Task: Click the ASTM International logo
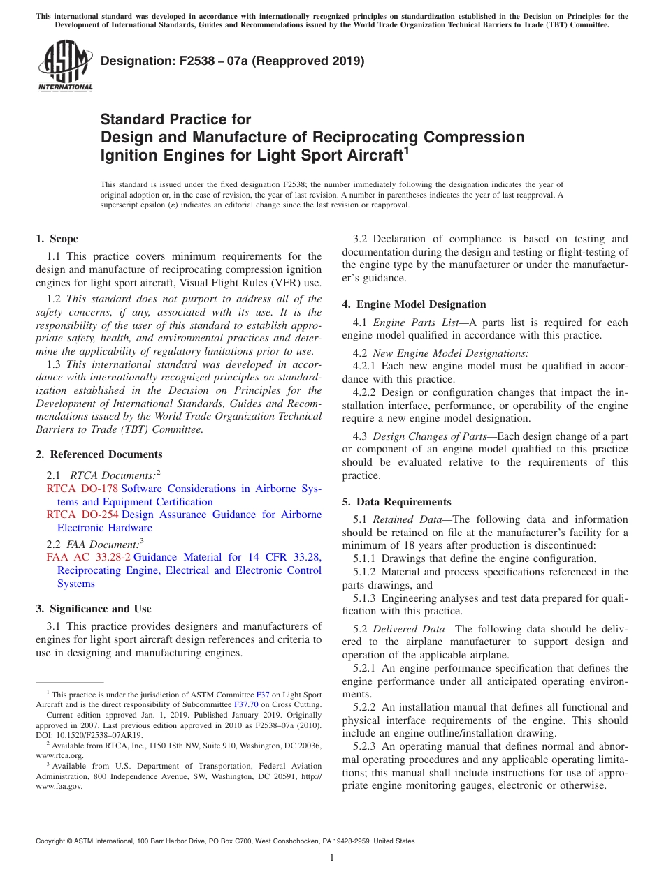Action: click(64, 66)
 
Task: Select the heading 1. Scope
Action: click(57, 239)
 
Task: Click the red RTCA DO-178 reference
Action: click(82, 489)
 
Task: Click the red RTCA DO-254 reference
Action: click(82, 515)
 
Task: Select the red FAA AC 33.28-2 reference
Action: click(88, 557)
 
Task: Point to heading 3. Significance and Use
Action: click(94, 609)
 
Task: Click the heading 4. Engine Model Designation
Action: click(414, 304)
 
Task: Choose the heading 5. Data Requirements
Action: click(396, 502)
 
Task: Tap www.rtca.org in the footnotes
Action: click(59, 755)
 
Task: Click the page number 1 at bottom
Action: click(332, 858)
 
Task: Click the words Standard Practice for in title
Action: click(175, 119)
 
